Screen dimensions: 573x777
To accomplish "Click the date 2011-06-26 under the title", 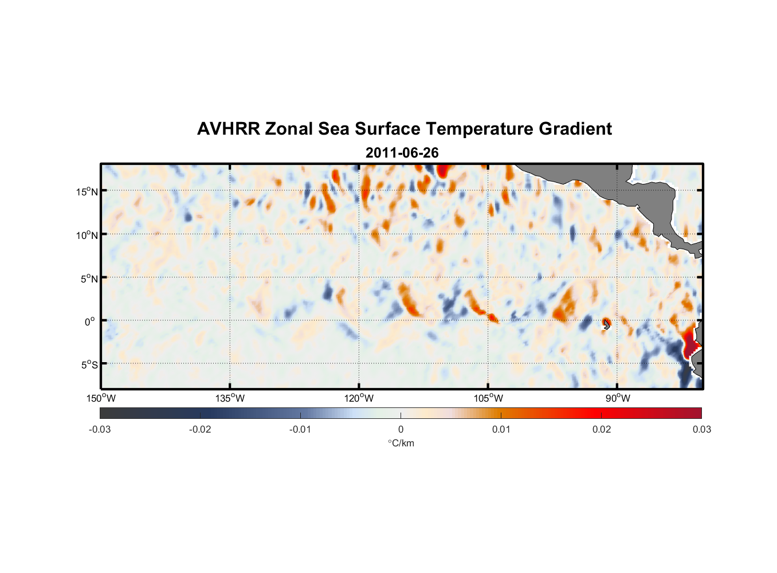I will pyautogui.click(x=402, y=153).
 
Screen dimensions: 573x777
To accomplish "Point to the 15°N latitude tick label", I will pyautogui.click(x=87, y=191).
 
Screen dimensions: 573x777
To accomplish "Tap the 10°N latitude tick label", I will pyautogui.click(x=87, y=235).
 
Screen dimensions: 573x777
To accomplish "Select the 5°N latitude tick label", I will pyautogui.click(x=89, y=278).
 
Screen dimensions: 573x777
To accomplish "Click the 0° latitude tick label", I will pyautogui.click(x=90, y=322).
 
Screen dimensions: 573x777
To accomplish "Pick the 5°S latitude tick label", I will pyautogui.click(x=89, y=365).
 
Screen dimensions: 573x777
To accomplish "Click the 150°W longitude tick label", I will pyautogui.click(x=101, y=398).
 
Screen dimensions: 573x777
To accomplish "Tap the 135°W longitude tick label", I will pyautogui.click(x=230, y=398).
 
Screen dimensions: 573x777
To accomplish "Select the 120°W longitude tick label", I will pyautogui.click(x=359, y=398).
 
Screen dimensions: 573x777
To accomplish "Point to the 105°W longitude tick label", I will pyautogui.click(x=488, y=398).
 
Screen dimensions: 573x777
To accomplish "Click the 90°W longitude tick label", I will pyautogui.click(x=617, y=398).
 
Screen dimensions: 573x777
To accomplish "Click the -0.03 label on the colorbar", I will pyautogui.click(x=100, y=429).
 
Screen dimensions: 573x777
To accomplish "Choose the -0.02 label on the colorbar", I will pyautogui.click(x=200, y=429).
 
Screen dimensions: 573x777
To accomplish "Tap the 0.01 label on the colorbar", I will pyautogui.click(x=501, y=429).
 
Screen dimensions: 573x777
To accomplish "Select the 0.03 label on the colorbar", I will pyautogui.click(x=701, y=429).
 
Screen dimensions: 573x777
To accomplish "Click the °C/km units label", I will pyautogui.click(x=401, y=443).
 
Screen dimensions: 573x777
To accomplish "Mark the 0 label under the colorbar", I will pyautogui.click(x=401, y=429).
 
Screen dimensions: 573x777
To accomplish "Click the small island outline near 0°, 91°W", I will pyautogui.click(x=606, y=324).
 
